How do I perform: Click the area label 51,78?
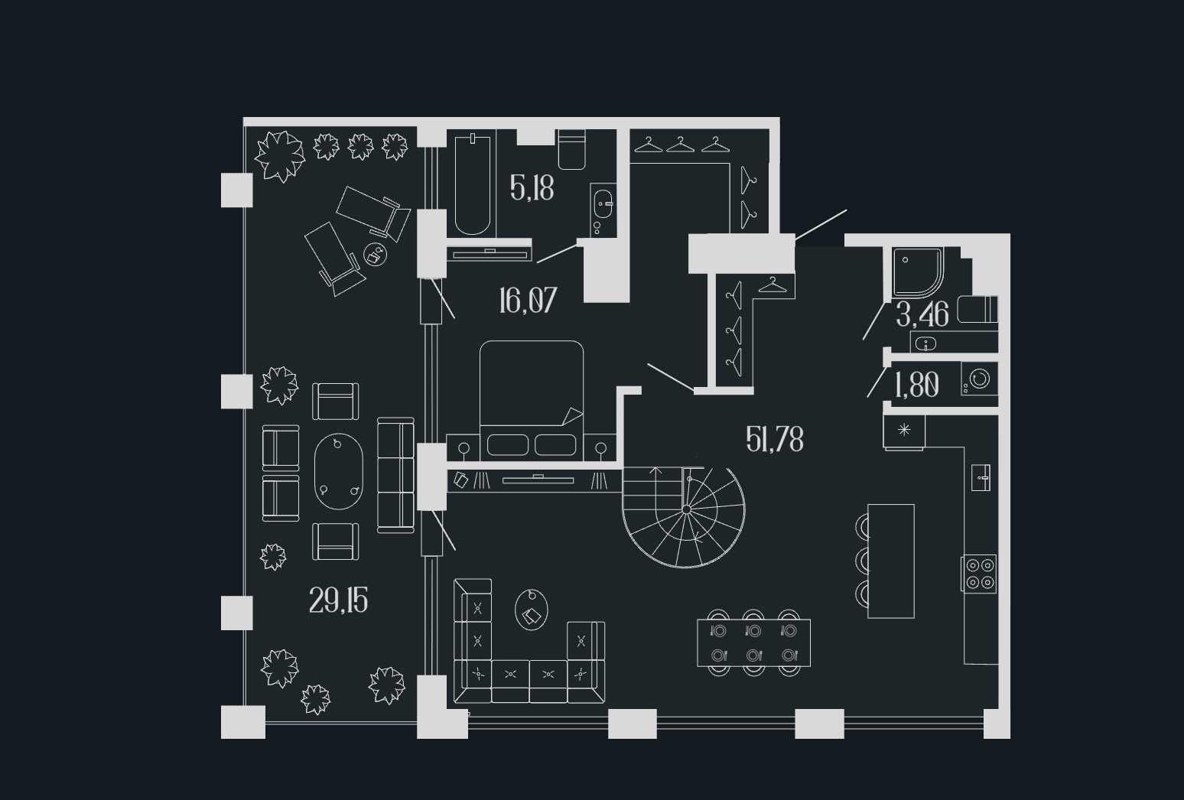tap(774, 440)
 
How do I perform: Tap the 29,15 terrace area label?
tap(338, 601)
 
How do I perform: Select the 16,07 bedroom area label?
tap(528, 301)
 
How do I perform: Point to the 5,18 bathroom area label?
tap(532, 187)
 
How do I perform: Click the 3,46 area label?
tap(922, 314)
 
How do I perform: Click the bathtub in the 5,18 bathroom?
tap(472, 184)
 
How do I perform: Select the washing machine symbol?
tap(980, 379)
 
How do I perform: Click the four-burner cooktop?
tap(980, 574)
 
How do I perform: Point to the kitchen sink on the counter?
tap(981, 478)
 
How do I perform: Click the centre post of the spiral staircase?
tap(686, 509)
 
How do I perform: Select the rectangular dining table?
tap(753, 643)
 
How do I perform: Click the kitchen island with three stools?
tap(891, 561)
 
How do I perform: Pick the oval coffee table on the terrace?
tap(339, 471)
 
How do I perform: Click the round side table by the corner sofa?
tap(532, 610)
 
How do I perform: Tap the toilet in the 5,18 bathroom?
tap(572, 150)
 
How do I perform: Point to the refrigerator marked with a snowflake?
tap(904, 431)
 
